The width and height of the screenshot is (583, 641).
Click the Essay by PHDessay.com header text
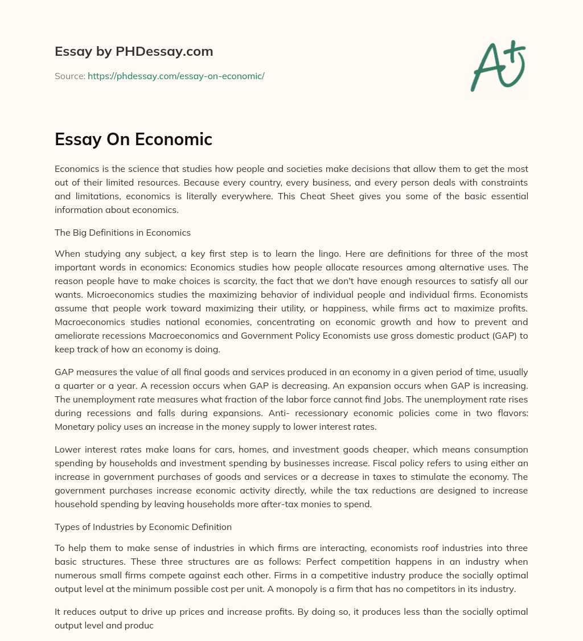click(134, 52)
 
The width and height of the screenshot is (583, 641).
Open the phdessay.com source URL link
click(176, 76)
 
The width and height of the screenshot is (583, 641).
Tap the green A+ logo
click(497, 66)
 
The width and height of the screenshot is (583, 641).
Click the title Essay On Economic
click(133, 139)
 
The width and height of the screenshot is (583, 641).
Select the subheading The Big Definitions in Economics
click(122, 232)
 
